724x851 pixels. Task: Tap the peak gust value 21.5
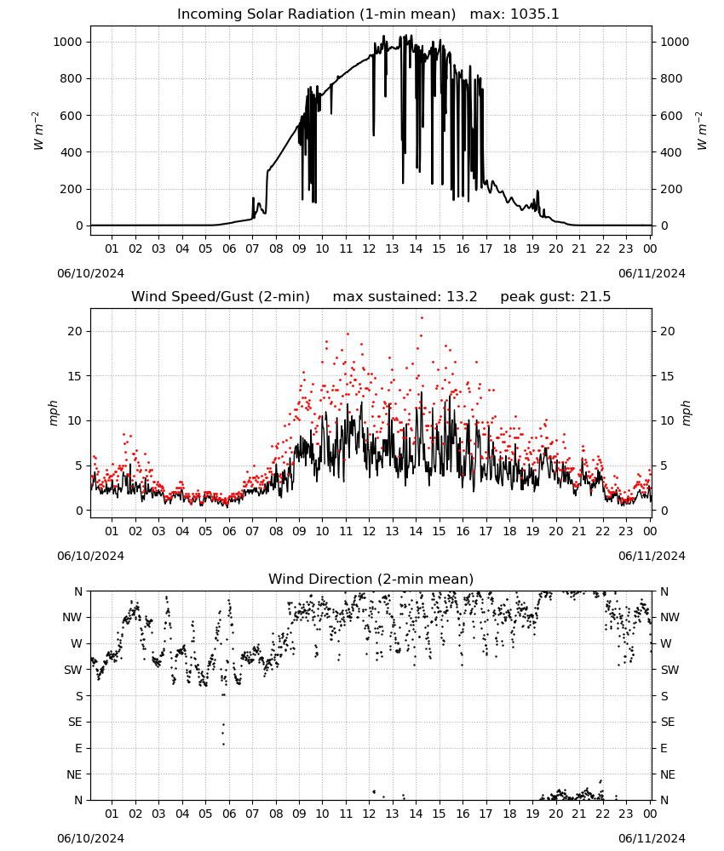(595, 297)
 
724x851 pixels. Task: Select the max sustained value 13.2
(462, 297)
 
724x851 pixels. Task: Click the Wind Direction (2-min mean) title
(371, 579)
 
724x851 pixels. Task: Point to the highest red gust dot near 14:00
(422, 318)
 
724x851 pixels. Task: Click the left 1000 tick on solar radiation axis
(67, 42)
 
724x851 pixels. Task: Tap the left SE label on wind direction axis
(75, 722)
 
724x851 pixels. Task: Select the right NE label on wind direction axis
(668, 774)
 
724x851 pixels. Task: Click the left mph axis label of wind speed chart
(53, 413)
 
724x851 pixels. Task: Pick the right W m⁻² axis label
(702, 130)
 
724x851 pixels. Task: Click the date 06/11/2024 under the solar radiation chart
(652, 273)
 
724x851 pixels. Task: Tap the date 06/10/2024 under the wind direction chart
(90, 838)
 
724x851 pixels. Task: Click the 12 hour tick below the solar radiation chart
(369, 248)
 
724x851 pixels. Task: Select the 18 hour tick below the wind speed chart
(509, 531)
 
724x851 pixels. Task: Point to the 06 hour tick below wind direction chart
(229, 814)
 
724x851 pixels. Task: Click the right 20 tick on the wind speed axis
(668, 331)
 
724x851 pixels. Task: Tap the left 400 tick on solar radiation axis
(72, 152)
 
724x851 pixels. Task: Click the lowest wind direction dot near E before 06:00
(223, 744)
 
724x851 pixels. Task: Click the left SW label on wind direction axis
(73, 670)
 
